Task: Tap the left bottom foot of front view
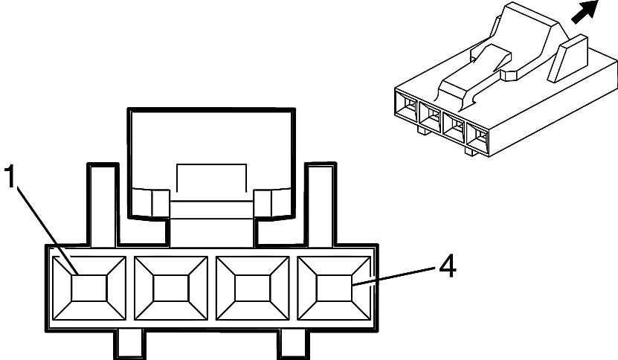[x=129, y=344]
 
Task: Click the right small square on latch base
[x=263, y=202]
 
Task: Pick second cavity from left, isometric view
[x=431, y=117]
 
